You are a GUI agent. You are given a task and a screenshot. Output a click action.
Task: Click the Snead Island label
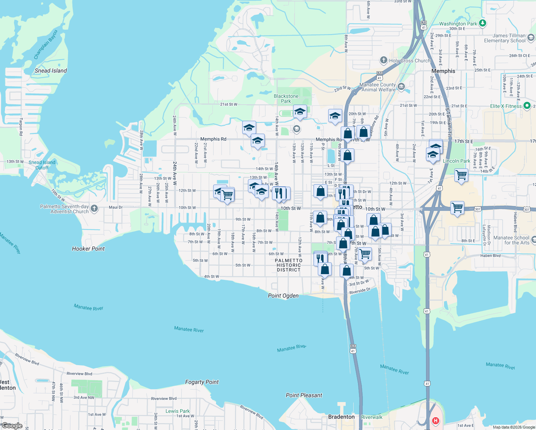pos(51,71)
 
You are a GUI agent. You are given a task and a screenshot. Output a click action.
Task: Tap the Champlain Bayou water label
pos(46,45)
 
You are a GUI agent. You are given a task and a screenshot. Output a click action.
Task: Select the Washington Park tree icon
pos(483,23)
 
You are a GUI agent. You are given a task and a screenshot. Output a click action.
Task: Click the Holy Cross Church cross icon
pos(383,60)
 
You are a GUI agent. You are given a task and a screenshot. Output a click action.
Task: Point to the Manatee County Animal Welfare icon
pos(401,86)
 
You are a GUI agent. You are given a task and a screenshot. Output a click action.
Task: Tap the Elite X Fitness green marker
pos(527,106)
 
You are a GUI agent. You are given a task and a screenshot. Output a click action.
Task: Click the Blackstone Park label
pos(286,99)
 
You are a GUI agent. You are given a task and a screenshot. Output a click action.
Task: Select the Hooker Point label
pos(88,249)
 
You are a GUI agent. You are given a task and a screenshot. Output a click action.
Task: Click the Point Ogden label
pos(283,296)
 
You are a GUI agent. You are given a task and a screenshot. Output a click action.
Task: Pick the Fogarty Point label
pos(202,382)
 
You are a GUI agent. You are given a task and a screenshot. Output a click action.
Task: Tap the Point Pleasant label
pos(304,395)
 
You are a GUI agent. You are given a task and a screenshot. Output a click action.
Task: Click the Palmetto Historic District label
pos(288,265)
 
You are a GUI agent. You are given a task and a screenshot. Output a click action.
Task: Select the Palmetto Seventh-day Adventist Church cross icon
pos(94,209)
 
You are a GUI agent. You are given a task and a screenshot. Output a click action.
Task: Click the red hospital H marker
pos(435,420)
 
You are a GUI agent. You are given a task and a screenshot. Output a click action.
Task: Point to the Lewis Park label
pos(178,411)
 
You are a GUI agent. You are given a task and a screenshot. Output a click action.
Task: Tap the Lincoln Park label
pos(456,161)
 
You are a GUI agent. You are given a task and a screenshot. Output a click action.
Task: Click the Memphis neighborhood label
pos(443,71)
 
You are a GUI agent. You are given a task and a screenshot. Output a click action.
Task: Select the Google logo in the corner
pos(12,426)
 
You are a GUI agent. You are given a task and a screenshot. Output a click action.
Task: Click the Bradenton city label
pos(341,417)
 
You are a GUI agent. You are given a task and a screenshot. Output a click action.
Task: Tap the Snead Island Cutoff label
pos(42,165)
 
